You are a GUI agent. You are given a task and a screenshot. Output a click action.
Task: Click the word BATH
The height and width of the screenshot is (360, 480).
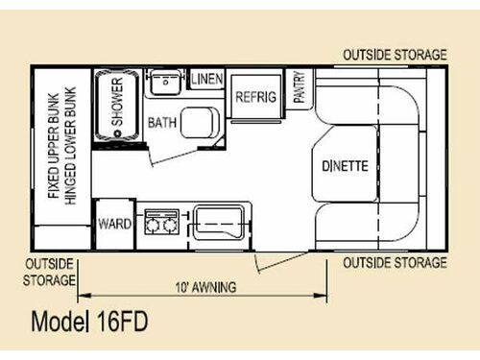tap(160, 123)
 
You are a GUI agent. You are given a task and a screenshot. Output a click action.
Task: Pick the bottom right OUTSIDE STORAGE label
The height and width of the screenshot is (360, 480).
tap(394, 262)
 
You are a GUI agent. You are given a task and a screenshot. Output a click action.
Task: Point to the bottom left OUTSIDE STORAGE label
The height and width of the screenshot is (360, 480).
tap(48, 272)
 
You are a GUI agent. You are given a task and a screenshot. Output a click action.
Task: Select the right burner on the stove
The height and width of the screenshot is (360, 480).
tap(170, 227)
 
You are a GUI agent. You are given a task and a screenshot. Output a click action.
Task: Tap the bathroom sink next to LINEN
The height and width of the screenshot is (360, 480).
tap(166, 84)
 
